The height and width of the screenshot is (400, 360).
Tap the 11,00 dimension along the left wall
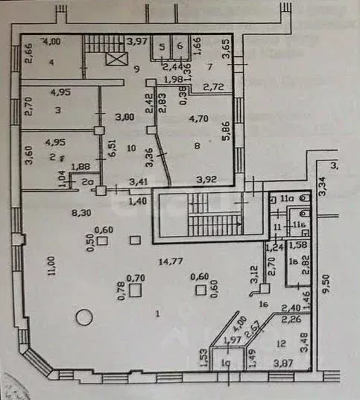(x=31, y=266)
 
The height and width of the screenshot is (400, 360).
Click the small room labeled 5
(x=162, y=45)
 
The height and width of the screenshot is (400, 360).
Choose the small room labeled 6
(x=180, y=45)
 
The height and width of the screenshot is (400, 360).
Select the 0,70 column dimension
(x=135, y=278)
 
